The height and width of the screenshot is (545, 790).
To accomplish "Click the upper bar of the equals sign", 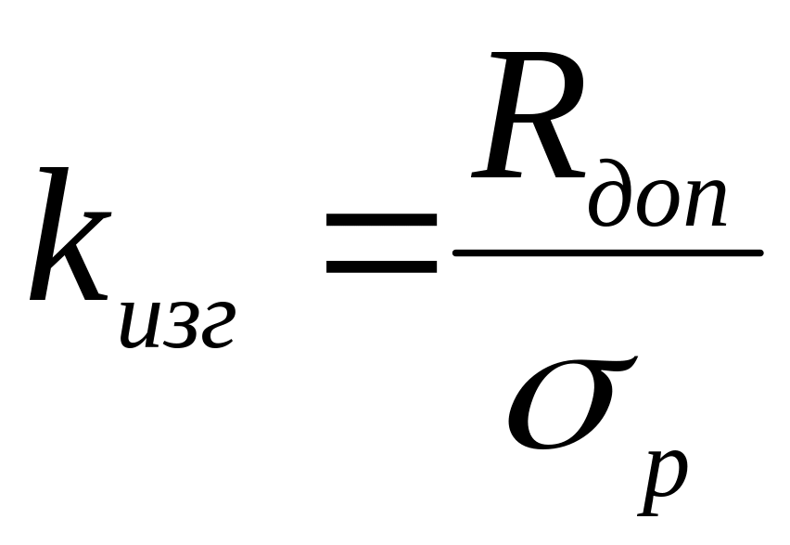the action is (381, 219).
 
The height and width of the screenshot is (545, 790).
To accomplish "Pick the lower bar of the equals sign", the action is (381, 267).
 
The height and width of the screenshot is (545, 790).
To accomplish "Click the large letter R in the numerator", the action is (529, 115).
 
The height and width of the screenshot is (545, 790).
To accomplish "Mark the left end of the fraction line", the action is (455, 253).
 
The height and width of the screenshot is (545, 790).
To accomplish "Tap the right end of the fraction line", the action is (761, 253).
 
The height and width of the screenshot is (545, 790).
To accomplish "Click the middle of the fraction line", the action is (608, 253).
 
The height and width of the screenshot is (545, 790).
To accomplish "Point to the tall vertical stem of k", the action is (50, 234).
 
